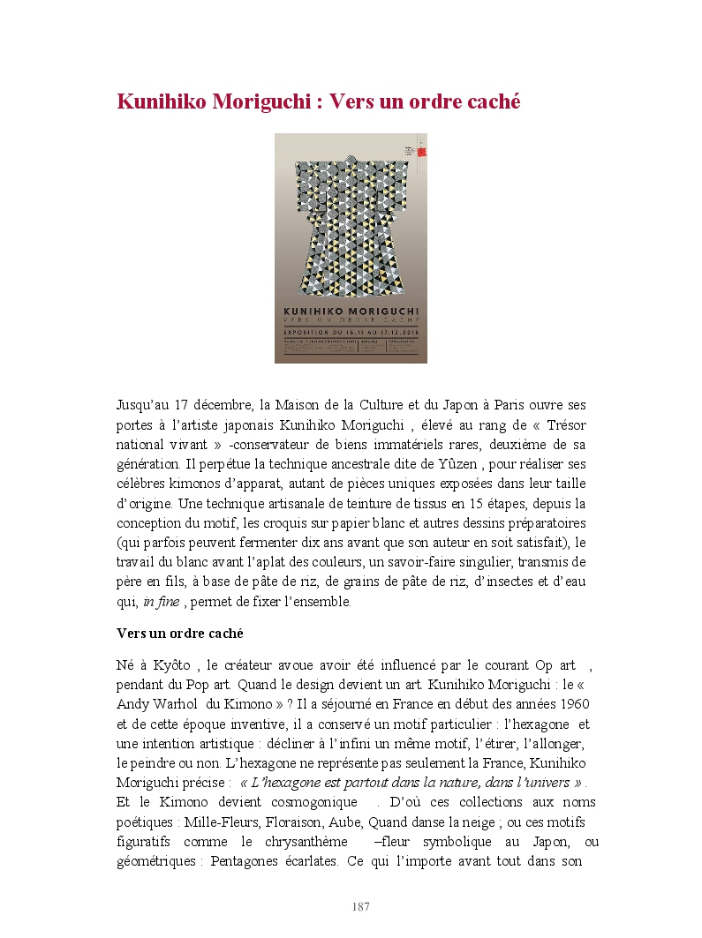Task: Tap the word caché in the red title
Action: [x=490, y=102]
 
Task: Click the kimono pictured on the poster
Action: [x=351, y=221]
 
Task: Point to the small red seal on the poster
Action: [x=421, y=151]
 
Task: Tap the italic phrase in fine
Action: [x=161, y=601]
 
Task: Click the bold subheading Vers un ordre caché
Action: [x=180, y=634]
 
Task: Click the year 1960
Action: [x=573, y=704]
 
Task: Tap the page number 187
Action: [x=360, y=907]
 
